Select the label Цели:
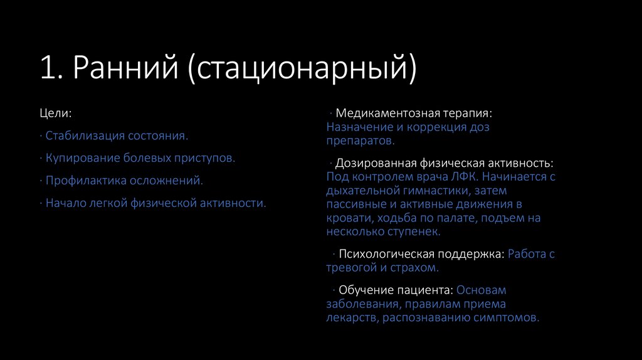(55, 114)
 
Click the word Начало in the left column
(65, 203)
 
